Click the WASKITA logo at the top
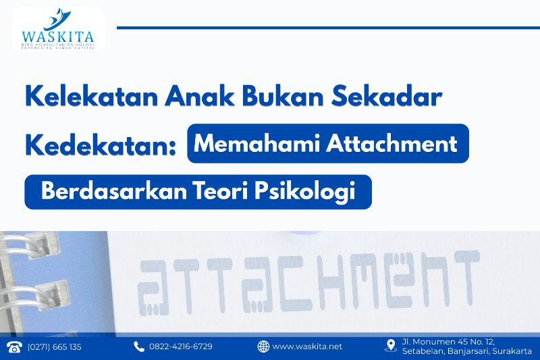[x=57, y=29]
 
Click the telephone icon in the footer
[x=14, y=346]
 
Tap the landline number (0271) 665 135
[x=54, y=346]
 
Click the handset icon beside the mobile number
[x=139, y=346]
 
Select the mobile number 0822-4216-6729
[x=181, y=346]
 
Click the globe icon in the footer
[x=263, y=346]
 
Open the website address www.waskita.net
[x=307, y=346]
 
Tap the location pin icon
[x=390, y=346]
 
